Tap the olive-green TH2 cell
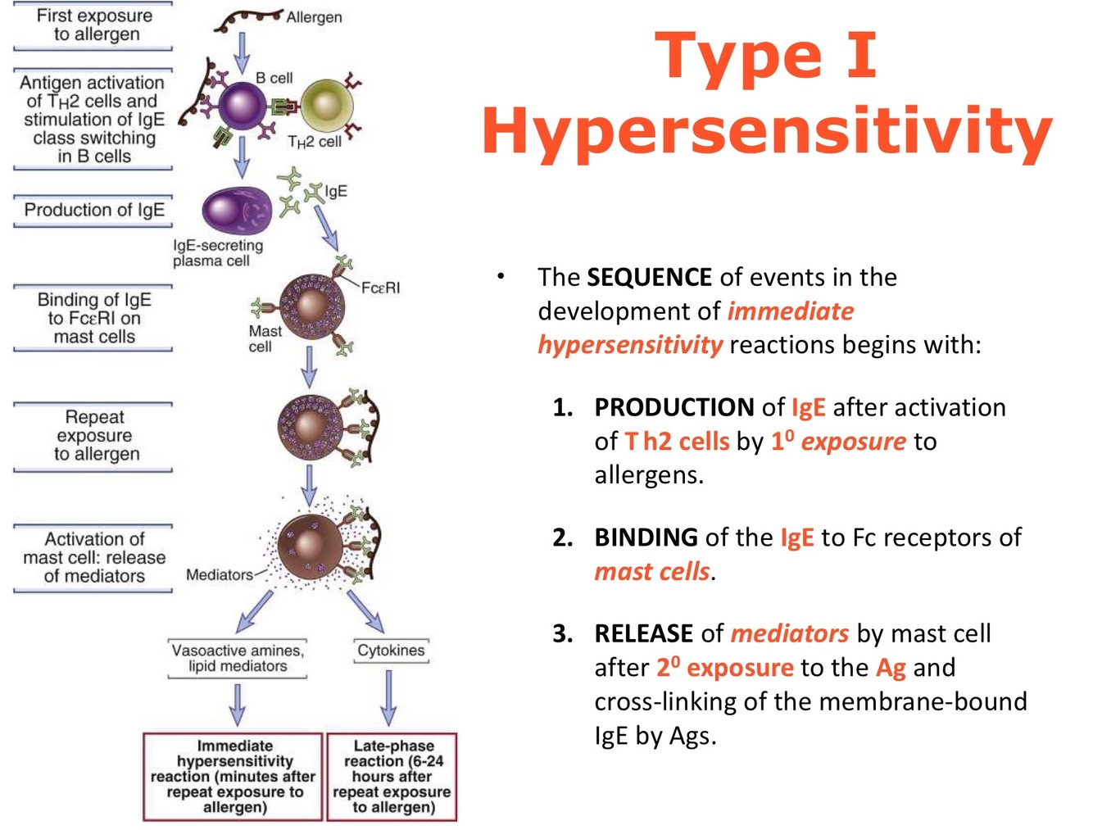point(327,107)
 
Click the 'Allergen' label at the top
point(314,17)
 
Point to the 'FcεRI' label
point(381,288)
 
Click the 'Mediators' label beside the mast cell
point(219,574)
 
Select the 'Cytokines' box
point(391,651)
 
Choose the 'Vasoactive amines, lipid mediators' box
point(238,658)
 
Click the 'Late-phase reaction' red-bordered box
point(392,776)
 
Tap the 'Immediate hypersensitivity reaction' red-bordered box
point(234,776)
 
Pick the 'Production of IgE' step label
point(94,210)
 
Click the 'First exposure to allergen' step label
point(94,25)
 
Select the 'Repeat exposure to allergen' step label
point(94,435)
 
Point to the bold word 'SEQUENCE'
point(649,277)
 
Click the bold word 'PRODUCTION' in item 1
point(673,407)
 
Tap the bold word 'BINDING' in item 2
point(646,537)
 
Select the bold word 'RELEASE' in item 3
point(644,633)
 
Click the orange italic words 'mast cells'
point(652,571)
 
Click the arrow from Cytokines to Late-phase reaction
point(389,698)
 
